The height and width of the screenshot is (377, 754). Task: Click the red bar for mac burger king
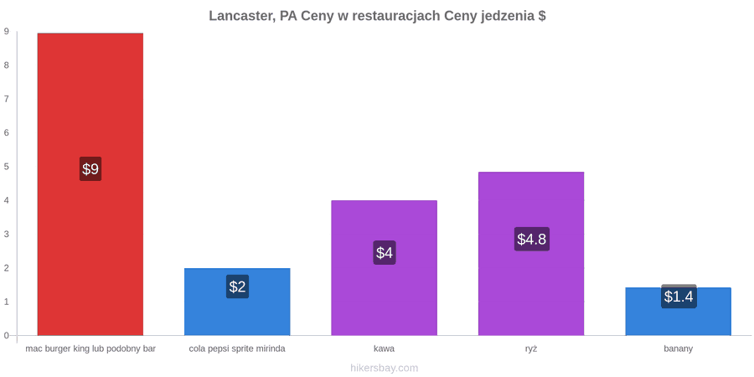tap(90, 184)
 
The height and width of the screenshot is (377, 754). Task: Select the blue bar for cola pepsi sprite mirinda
tap(237, 302)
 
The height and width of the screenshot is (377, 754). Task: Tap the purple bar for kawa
tap(385, 268)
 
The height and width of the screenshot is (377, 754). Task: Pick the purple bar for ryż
tap(531, 253)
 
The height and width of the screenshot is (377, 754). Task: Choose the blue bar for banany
tap(678, 312)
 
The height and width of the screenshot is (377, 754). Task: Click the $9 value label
tap(90, 168)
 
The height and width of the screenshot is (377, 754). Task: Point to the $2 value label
tap(238, 287)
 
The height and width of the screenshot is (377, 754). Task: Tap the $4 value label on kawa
tap(385, 252)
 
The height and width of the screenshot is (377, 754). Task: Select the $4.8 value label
tap(532, 239)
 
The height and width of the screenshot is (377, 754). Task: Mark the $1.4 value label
tap(679, 297)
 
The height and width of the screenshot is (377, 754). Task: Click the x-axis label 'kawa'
tap(385, 349)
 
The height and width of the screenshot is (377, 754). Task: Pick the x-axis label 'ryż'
tap(531, 349)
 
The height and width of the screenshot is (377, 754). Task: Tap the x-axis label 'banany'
tap(679, 349)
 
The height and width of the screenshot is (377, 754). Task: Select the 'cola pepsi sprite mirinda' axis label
tap(237, 349)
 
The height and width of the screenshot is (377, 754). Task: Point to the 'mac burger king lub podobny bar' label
tap(90, 349)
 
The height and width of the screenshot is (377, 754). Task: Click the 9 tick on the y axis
tap(7, 31)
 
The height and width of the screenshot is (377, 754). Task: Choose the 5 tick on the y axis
tap(7, 167)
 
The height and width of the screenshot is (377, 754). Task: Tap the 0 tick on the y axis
tap(7, 336)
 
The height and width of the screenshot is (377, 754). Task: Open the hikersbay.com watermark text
tap(385, 369)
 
